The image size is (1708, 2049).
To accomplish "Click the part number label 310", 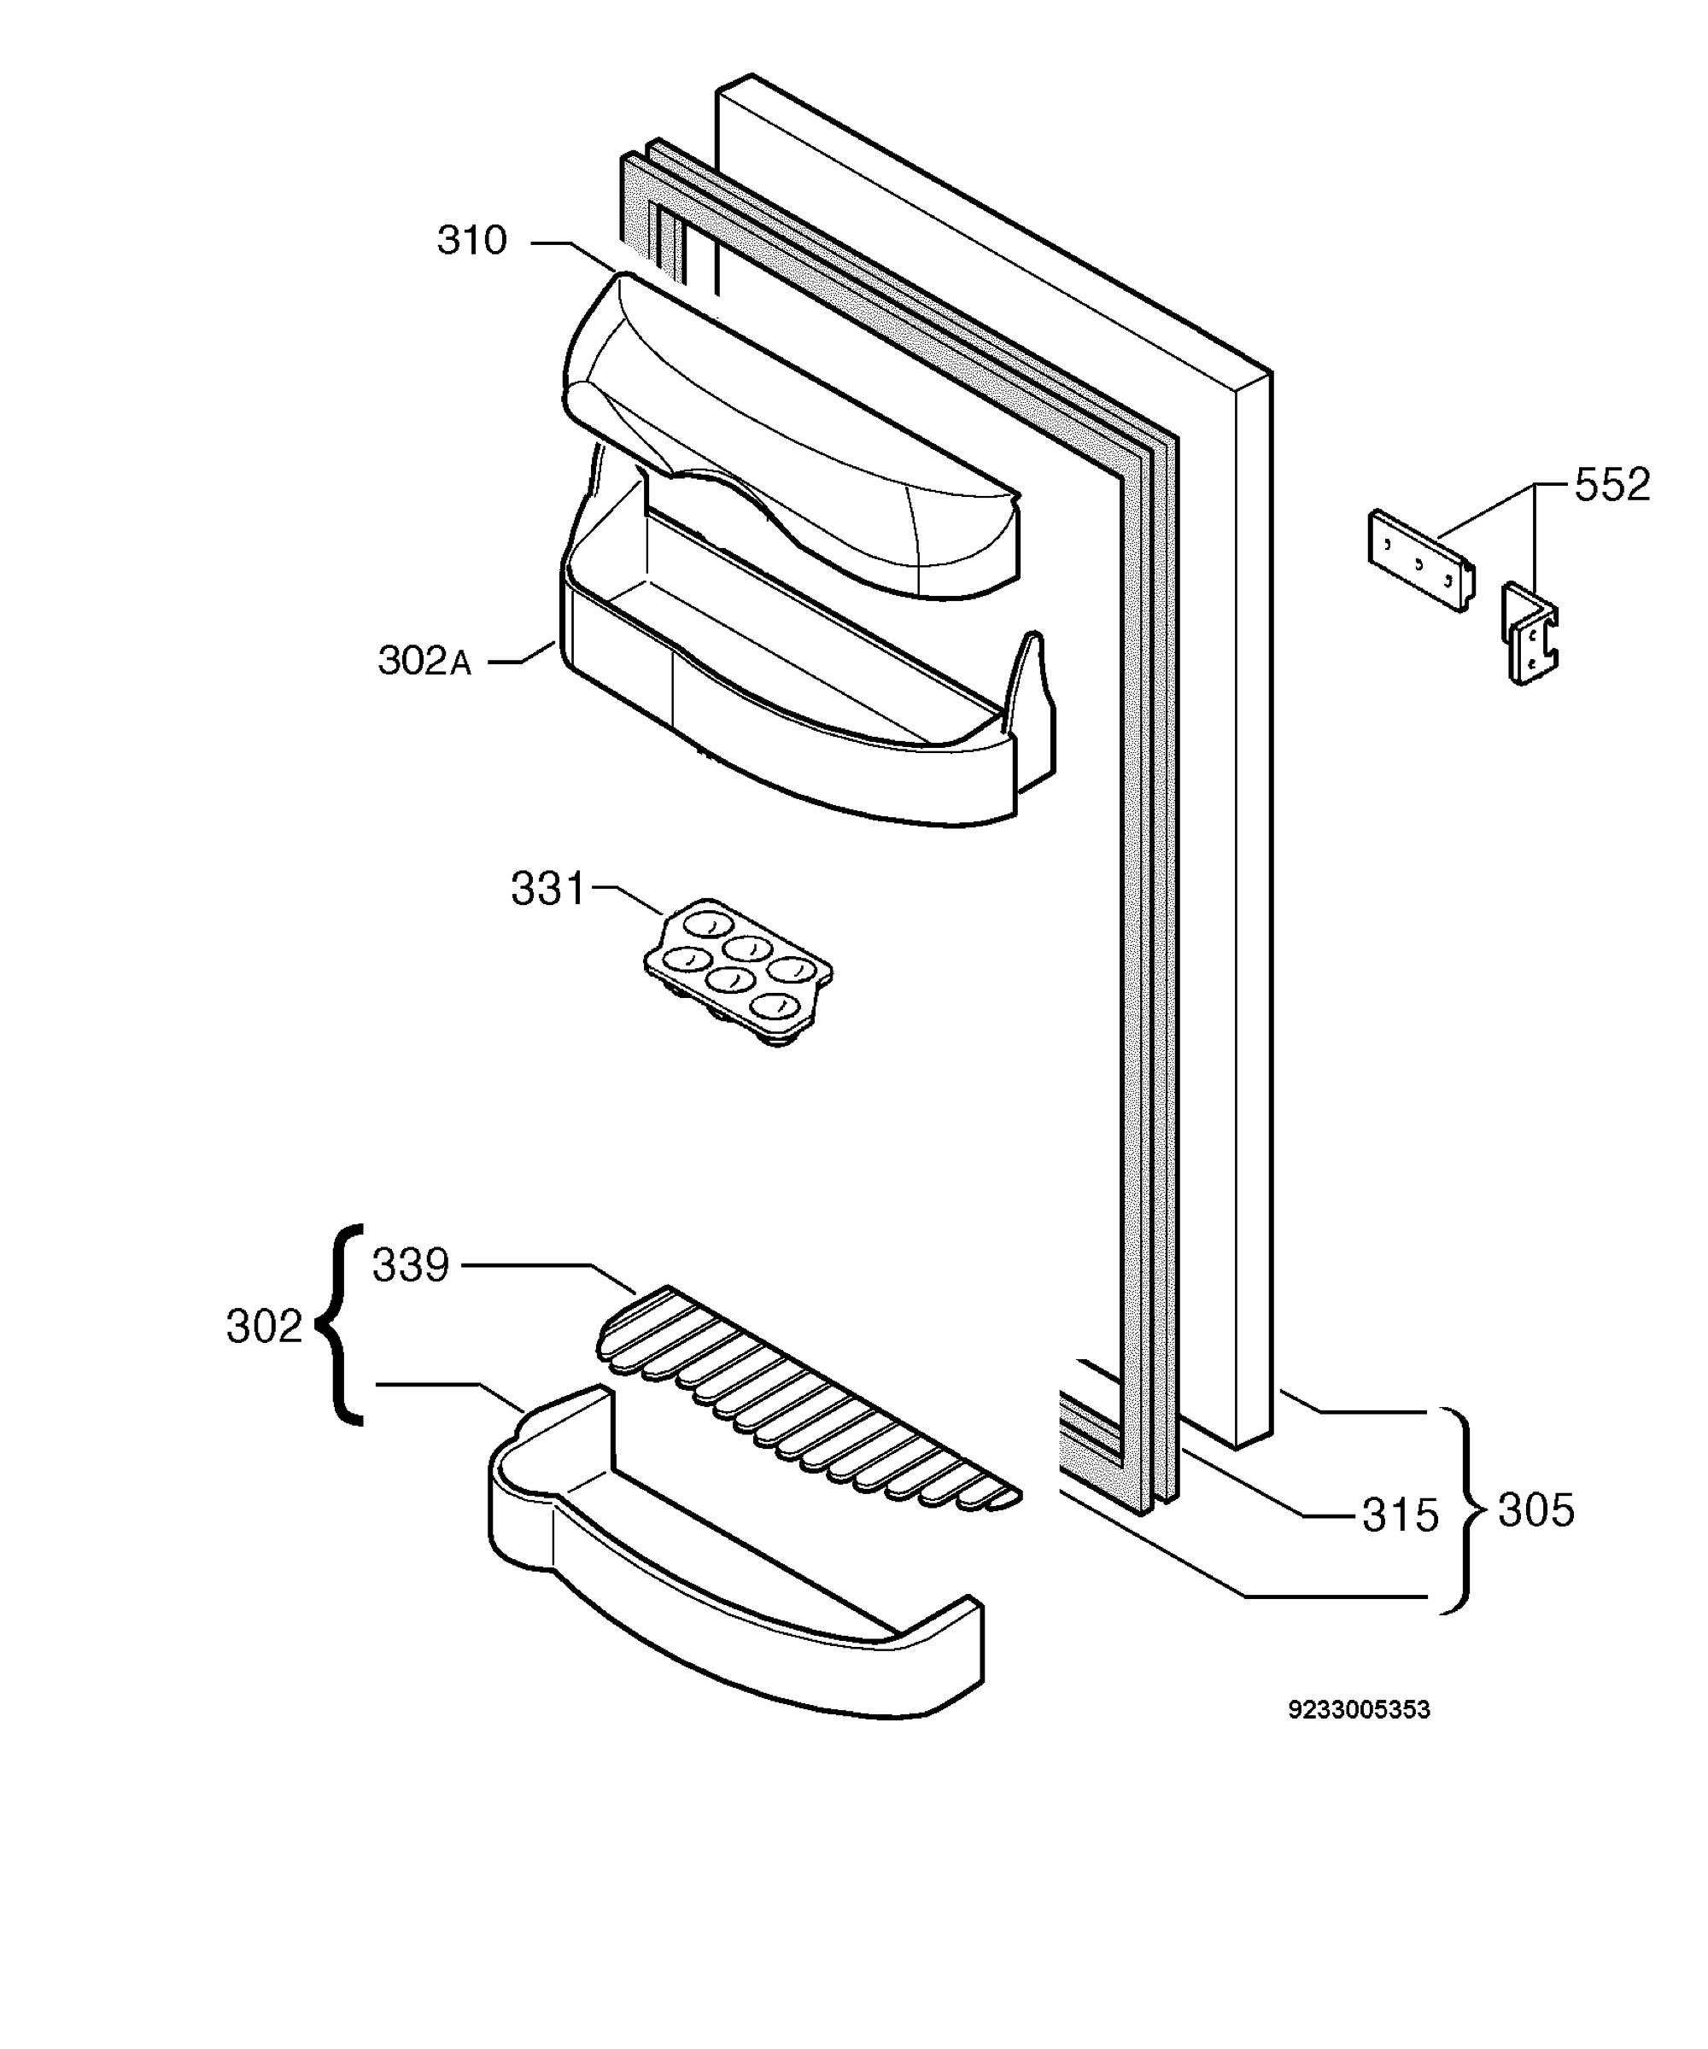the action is tap(471, 240).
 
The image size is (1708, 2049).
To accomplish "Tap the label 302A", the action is tap(424, 661).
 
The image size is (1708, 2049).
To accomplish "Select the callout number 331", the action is tap(547, 889).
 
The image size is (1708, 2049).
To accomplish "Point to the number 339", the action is tap(410, 1265).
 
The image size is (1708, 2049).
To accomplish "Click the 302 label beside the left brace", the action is tap(265, 1327).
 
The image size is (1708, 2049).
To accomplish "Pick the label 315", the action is tap(1401, 1515).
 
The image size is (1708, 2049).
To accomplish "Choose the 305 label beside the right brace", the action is tap(1536, 1510).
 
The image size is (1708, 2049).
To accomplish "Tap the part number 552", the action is tap(1612, 485).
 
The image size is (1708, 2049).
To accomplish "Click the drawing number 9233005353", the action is tap(1359, 1709).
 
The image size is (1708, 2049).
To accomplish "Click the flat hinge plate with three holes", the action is tap(1421, 561).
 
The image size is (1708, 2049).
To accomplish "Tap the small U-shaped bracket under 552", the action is tap(1530, 634).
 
